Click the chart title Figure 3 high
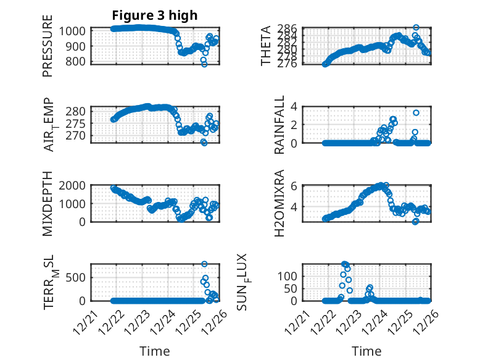(155, 15)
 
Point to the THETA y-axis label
(265, 46)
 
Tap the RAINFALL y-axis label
(279, 125)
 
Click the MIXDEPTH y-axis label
(48, 203)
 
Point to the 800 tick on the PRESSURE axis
(77, 61)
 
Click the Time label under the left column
(155, 351)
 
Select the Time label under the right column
(366, 351)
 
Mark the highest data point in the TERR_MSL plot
(204, 264)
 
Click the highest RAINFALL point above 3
(416, 112)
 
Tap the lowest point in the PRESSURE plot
(204, 64)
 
